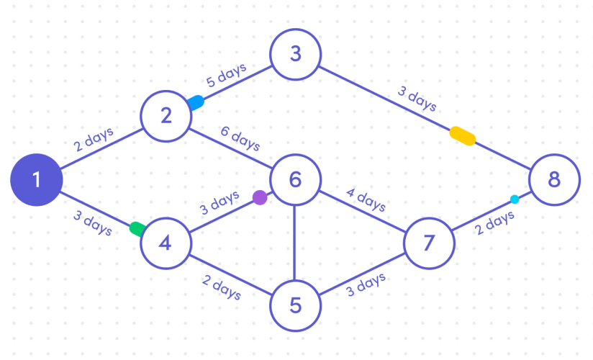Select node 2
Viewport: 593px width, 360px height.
(x=166, y=115)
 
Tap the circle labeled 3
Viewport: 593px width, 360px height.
(x=295, y=54)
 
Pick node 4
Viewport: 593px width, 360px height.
(x=166, y=243)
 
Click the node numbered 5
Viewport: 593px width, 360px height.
(x=295, y=306)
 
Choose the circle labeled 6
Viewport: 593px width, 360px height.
(x=295, y=179)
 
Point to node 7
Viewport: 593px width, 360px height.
(x=429, y=243)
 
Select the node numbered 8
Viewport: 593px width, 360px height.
(x=553, y=179)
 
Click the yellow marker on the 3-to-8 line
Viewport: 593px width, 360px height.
(x=462, y=135)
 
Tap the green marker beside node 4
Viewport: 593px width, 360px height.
(x=137, y=229)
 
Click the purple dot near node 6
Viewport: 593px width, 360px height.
(x=260, y=197)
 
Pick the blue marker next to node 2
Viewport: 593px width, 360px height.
(x=194, y=103)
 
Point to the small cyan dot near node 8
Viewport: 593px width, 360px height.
(x=515, y=199)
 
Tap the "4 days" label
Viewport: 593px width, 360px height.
(x=366, y=199)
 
